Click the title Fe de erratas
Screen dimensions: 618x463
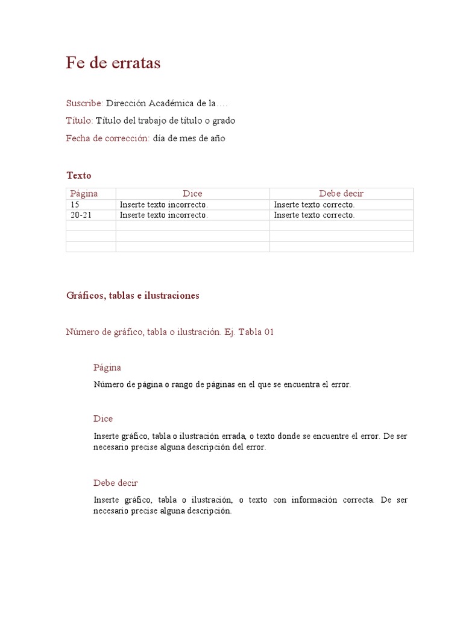pyautogui.click(x=113, y=63)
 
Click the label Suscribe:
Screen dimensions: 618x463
pyautogui.click(x=84, y=103)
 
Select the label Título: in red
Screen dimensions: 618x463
pyautogui.click(x=80, y=121)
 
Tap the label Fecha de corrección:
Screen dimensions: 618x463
pyautogui.click(x=108, y=138)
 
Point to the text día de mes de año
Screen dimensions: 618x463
pyautogui.click(x=189, y=138)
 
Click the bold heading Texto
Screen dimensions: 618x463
pyautogui.click(x=79, y=176)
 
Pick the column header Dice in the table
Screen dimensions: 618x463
pyautogui.click(x=192, y=194)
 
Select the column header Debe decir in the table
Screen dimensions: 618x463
pyautogui.click(x=341, y=194)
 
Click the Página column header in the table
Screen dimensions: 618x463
pyautogui.click(x=84, y=194)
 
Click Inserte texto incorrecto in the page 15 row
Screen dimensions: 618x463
pyautogui.click(x=163, y=205)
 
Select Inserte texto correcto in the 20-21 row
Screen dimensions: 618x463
pyautogui.click(x=314, y=215)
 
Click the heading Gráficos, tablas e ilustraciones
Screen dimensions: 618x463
pyautogui.click(x=133, y=296)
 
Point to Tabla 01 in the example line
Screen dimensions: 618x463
pyautogui.click(x=256, y=332)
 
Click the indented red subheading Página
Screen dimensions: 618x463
pyautogui.click(x=107, y=368)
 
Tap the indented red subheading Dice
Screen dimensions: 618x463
pyautogui.click(x=103, y=419)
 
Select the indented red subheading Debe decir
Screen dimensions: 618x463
pyautogui.click(x=116, y=483)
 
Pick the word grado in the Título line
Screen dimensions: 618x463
pyautogui.click(x=223, y=121)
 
